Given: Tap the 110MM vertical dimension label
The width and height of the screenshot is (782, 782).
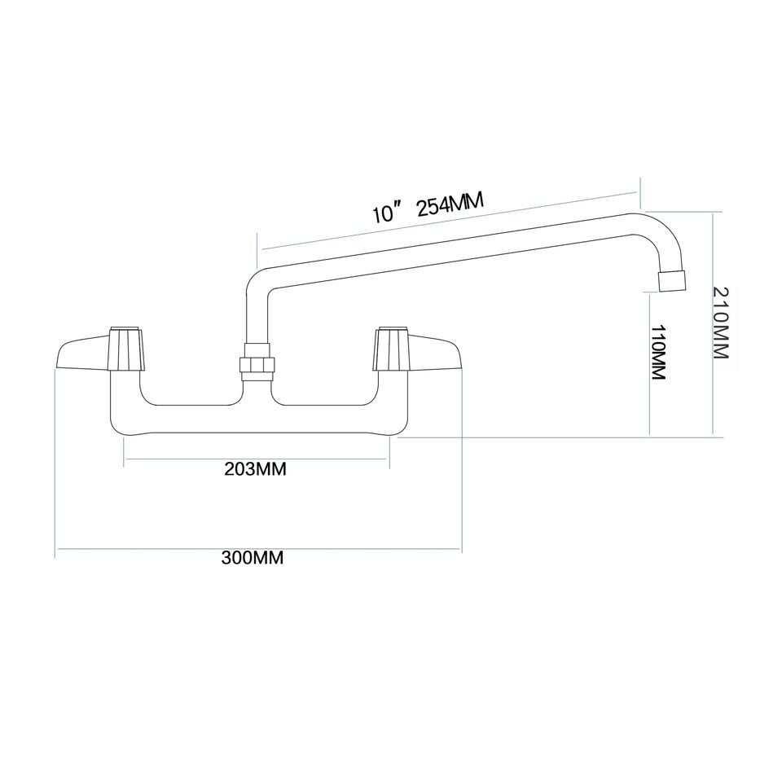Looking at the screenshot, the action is tap(660, 352).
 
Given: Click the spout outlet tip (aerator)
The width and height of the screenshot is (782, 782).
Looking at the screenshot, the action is tap(670, 280).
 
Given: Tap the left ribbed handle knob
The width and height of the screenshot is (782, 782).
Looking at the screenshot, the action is tap(125, 349).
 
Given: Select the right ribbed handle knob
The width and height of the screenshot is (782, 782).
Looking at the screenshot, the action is tap(390, 349).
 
